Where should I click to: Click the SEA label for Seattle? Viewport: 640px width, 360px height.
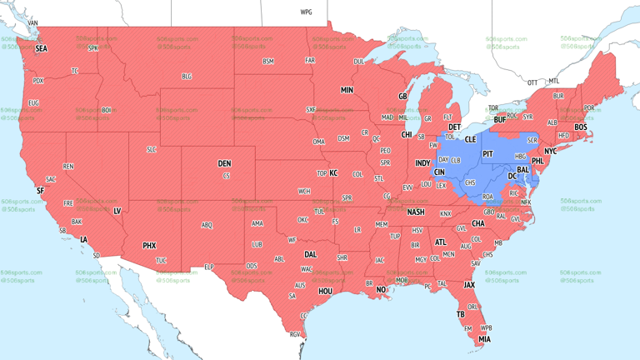(41, 49)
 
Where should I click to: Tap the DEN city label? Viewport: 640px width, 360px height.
(224, 163)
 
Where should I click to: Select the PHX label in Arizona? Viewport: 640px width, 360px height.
(149, 246)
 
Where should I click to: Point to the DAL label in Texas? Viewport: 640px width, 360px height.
(311, 255)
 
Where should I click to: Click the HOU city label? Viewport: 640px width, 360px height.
(325, 291)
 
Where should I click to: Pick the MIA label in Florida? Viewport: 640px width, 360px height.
(484, 339)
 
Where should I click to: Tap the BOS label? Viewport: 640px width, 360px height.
(580, 127)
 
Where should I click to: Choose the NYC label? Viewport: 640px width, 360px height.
(550, 152)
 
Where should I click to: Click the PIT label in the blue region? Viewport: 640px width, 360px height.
(488, 154)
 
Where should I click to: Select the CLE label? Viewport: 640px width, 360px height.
(470, 139)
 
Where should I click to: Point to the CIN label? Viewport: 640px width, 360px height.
(439, 172)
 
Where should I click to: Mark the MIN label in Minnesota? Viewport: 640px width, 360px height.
(347, 90)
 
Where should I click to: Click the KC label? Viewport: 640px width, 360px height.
(333, 173)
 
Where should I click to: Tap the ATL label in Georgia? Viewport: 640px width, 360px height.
(441, 242)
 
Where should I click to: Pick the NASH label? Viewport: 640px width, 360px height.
(415, 212)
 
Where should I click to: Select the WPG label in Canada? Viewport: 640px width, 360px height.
(306, 12)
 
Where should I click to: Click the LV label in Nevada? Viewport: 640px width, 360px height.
(117, 211)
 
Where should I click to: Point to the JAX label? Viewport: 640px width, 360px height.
(469, 284)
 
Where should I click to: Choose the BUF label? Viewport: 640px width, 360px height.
(499, 120)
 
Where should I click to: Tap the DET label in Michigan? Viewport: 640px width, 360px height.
(455, 127)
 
